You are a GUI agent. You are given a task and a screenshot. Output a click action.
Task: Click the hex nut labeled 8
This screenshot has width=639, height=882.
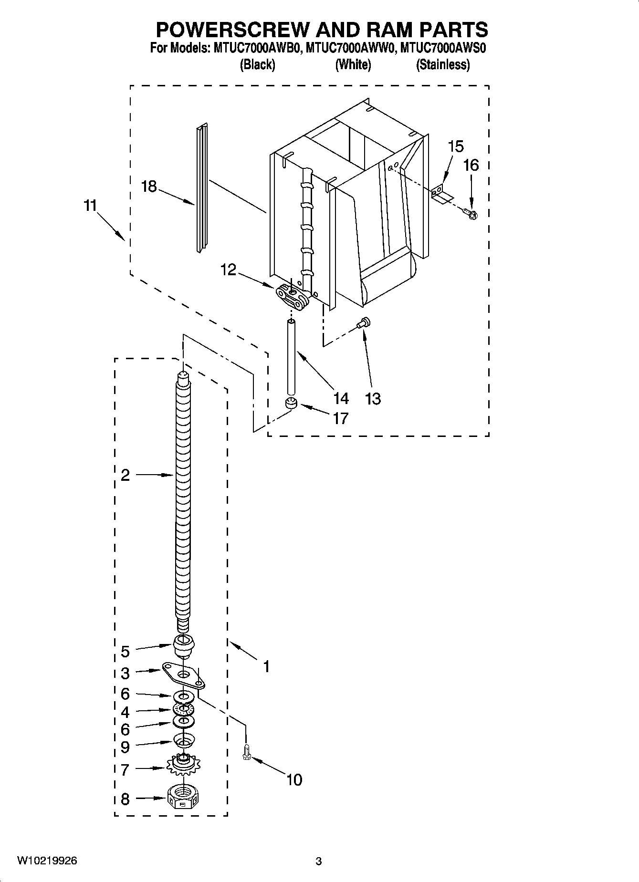183,797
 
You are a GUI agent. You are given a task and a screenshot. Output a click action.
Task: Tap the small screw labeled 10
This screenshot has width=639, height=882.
247,752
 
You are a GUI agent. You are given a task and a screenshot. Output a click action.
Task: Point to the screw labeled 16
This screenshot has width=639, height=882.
472,215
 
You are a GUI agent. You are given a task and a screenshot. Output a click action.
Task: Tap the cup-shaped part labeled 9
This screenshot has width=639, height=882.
183,741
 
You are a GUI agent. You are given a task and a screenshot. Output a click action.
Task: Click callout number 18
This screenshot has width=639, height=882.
149,187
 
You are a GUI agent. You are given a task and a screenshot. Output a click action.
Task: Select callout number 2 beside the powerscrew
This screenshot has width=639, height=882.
125,475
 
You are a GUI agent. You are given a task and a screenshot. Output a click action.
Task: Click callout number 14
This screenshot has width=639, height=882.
341,398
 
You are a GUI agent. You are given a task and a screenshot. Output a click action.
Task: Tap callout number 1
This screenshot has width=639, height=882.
266,666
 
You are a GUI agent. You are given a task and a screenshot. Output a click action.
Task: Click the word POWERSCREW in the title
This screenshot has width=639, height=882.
232,30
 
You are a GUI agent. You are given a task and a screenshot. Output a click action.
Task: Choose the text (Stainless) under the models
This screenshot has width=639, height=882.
443,64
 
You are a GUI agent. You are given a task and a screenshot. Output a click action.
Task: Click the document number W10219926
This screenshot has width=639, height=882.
47,861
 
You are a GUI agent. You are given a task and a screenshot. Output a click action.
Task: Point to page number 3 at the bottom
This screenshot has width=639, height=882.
319,861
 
